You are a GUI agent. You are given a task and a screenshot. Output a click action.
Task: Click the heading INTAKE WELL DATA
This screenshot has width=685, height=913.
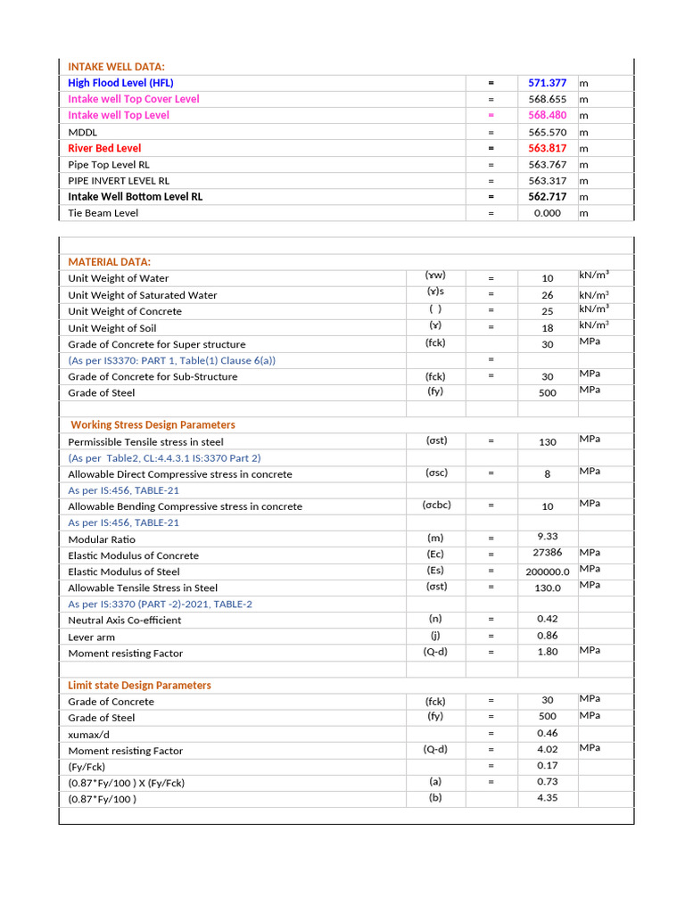pos(116,67)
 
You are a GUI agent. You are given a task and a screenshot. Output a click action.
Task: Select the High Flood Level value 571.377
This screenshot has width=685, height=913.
pos(547,83)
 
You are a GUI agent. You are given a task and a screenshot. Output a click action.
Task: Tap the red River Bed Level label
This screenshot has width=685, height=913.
pos(104,148)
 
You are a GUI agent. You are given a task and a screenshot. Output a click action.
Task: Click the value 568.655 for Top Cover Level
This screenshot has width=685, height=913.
pos(547,99)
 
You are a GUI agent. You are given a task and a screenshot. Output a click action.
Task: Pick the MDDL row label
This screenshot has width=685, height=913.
pos(83,132)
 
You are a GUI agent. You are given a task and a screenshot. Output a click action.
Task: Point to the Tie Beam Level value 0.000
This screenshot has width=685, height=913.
pos(547,213)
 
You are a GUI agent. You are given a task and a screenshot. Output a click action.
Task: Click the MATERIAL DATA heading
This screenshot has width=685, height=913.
pos(109,262)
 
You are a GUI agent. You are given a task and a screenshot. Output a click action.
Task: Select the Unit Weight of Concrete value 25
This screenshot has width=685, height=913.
pos(547,312)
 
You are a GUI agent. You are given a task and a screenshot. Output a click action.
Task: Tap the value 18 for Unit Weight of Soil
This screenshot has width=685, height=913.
pos(547,328)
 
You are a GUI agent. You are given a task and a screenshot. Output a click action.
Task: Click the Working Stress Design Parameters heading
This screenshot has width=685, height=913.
pos(153,425)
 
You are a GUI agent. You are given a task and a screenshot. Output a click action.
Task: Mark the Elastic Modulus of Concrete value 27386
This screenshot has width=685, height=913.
pos(547,554)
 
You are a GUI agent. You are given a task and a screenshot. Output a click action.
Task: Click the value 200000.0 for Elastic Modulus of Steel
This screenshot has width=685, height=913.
pos(547,572)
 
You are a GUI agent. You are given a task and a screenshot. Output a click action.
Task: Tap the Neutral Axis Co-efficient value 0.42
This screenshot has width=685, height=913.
pos(547,619)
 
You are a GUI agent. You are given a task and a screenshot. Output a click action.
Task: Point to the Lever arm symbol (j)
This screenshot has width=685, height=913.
pos(436,636)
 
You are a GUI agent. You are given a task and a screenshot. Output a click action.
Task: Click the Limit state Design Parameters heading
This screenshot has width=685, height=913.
pos(140,686)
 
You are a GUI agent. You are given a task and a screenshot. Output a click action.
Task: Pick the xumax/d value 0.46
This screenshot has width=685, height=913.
pos(547,733)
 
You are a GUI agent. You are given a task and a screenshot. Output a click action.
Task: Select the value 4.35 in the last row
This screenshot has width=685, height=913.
pos(547,798)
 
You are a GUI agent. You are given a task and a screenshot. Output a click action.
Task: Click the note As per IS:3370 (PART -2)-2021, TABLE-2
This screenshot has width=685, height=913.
pos(160,604)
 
